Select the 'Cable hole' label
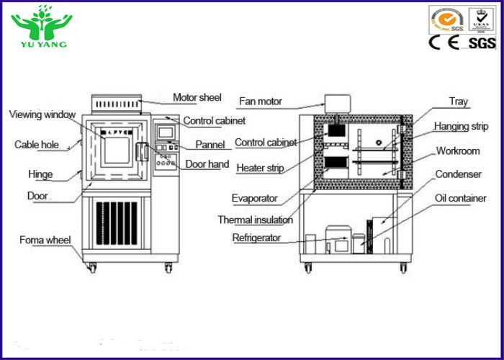click(x=37, y=145)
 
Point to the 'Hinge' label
click(x=40, y=174)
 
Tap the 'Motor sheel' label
click(x=197, y=98)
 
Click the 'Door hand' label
click(x=207, y=164)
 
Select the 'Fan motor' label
click(x=260, y=102)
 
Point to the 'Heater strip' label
click(x=260, y=168)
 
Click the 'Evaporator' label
click(x=254, y=198)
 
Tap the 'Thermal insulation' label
click(x=256, y=220)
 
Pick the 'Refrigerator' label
click(x=256, y=238)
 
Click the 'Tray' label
click(x=459, y=102)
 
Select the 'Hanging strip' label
click(x=461, y=127)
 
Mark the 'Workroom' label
click(x=459, y=151)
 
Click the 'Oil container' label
click(x=460, y=198)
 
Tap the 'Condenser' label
click(x=459, y=174)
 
